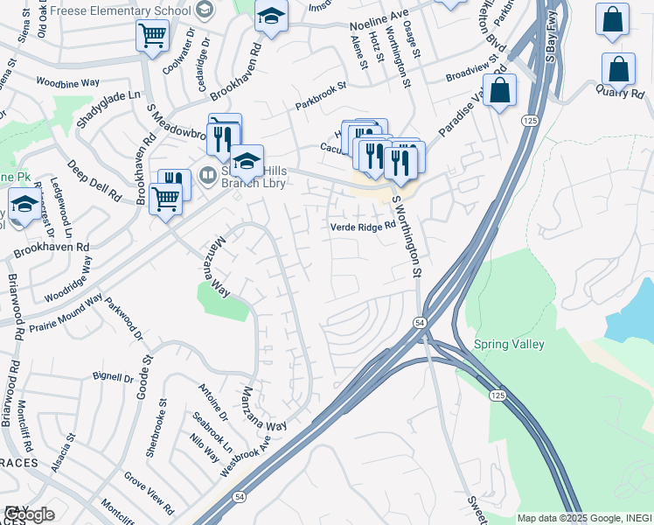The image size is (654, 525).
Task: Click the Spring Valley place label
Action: [x=509, y=345]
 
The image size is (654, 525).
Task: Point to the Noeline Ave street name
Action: [x=379, y=28]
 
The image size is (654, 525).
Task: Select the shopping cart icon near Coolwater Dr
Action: [x=152, y=35]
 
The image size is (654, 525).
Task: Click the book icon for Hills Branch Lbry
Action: [x=208, y=173]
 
